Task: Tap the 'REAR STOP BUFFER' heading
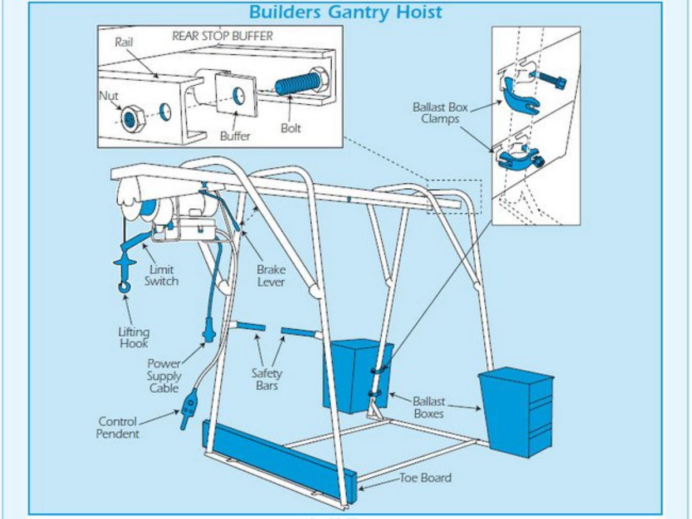point(223,36)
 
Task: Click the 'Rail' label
point(125,42)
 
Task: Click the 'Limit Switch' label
point(161,275)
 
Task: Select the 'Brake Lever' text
point(271,276)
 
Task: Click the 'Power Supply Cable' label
point(164,376)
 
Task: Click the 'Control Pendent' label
point(118,427)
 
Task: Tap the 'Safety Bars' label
point(266,379)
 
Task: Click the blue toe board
point(277,456)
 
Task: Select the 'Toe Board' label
point(426,477)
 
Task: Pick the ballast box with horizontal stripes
point(516,411)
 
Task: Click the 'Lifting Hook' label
point(134,337)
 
